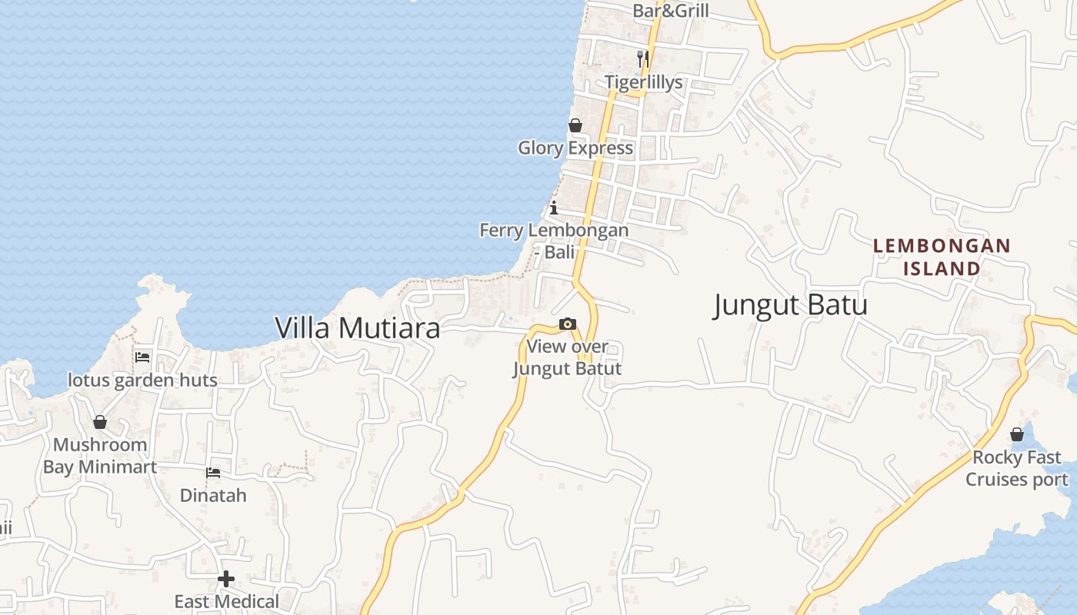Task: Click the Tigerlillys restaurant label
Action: [643, 82]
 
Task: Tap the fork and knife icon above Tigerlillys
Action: [643, 58]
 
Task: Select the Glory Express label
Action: [575, 148]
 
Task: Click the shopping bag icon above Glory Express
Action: [575, 125]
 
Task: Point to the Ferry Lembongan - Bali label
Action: [554, 241]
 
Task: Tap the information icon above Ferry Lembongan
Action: [553, 208]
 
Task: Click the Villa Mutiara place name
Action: [358, 328]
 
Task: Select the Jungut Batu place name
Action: [790, 305]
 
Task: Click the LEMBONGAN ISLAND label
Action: [942, 257]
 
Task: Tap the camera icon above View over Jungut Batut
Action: [568, 324]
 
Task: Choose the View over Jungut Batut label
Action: [567, 357]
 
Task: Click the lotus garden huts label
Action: [142, 380]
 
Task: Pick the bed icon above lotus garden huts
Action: [142, 357]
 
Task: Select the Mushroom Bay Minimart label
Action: [99, 455]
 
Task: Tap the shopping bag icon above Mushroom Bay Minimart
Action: [100, 422]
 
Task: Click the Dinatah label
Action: [213, 495]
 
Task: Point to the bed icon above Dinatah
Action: [213, 472]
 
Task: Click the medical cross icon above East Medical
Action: [226, 578]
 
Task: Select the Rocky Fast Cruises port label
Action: [1016, 468]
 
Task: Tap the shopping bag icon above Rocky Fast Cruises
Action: [1017, 435]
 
